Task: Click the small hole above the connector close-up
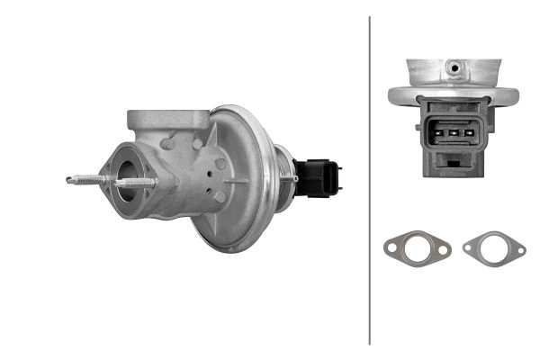pos(454,67)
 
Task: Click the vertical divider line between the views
pos(370,180)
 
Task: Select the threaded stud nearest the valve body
pos(135,184)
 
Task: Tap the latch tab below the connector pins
pos(453,164)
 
